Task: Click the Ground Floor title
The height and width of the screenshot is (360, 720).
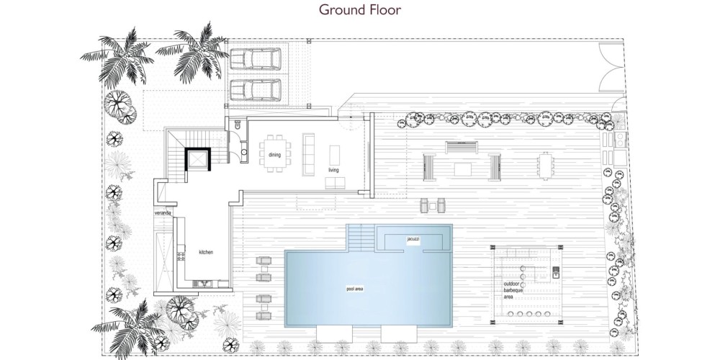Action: click(x=360, y=9)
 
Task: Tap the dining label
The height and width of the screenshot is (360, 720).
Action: click(x=274, y=155)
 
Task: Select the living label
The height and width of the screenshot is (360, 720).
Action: click(x=333, y=170)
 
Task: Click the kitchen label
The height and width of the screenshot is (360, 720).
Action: click(x=206, y=252)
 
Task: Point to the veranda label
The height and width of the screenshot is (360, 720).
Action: click(x=163, y=214)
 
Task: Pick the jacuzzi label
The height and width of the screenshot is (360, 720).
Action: click(x=413, y=239)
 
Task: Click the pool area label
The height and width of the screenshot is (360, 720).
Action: click(x=354, y=289)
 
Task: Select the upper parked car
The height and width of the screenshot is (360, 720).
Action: click(x=255, y=58)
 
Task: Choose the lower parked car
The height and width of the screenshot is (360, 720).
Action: click(x=255, y=90)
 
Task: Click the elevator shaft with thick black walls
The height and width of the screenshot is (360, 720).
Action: click(x=198, y=159)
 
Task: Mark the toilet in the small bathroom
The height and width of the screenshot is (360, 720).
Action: click(x=238, y=124)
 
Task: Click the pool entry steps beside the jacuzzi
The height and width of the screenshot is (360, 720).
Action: click(x=361, y=237)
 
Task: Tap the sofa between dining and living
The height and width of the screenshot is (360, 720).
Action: click(x=308, y=154)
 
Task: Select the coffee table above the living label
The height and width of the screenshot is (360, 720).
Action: click(x=335, y=155)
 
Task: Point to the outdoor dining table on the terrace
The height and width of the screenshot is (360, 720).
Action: click(x=546, y=166)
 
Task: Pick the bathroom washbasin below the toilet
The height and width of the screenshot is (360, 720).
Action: click(x=243, y=150)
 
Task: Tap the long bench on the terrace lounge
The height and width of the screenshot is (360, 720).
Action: click(x=462, y=148)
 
